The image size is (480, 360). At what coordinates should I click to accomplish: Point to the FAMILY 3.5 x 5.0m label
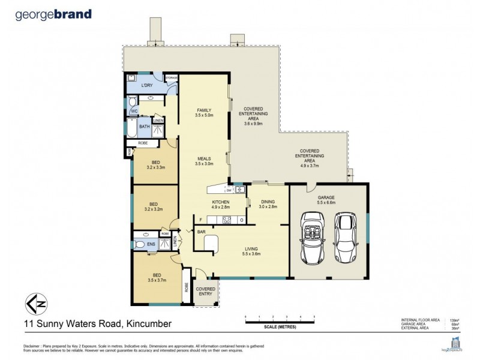click(x=205, y=113)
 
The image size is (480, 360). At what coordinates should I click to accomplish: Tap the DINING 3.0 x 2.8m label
click(x=268, y=203)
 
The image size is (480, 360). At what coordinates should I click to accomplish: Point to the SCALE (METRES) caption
click(x=280, y=328)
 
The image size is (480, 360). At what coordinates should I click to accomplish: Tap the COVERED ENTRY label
click(x=206, y=292)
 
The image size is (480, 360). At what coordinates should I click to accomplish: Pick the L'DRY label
click(x=147, y=86)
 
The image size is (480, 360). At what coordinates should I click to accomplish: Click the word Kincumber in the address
click(x=148, y=324)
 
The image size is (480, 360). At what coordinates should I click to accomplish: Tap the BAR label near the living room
click(x=202, y=230)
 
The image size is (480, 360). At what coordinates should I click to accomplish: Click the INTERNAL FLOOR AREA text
click(x=419, y=320)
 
